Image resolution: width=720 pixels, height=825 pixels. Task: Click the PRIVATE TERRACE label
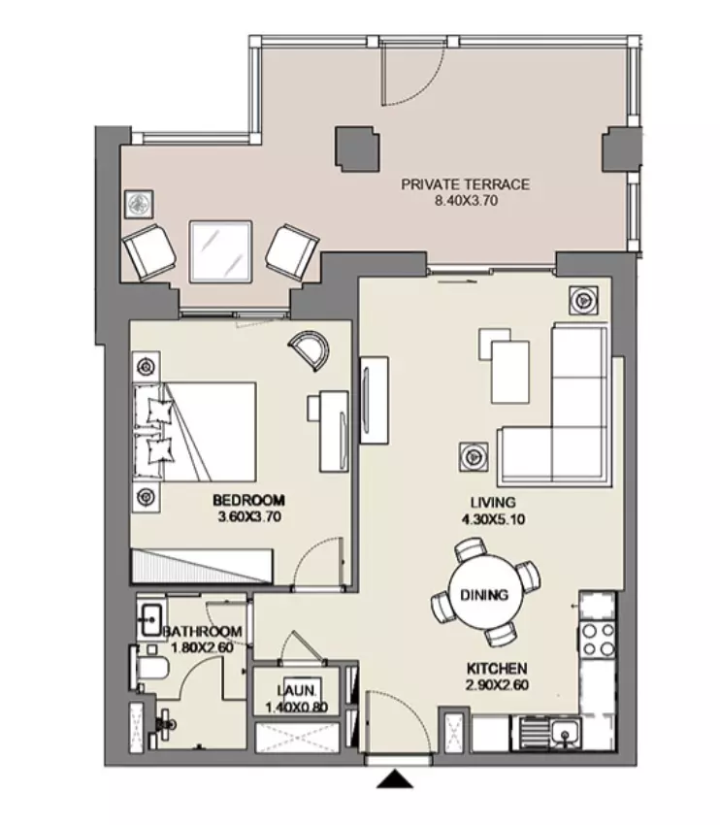pos(465,184)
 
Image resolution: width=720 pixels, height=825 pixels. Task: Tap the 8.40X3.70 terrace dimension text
pos(466,201)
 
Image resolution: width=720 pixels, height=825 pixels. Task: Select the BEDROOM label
pos(248,500)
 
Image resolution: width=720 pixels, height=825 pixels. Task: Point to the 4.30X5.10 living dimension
pos(493,520)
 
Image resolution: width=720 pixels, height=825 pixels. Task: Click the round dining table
pos(485,594)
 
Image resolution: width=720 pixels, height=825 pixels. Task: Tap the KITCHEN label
pos(497,669)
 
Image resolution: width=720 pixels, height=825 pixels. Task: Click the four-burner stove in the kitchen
pos(598,640)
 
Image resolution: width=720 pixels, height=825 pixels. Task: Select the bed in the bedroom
pos(195,432)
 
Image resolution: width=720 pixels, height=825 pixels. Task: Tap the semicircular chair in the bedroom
pos(311,349)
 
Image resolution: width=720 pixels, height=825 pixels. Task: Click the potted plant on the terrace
pos(140,204)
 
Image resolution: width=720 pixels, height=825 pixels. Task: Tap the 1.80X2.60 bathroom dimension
pos(202,647)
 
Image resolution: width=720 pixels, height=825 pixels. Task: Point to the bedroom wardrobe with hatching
pos(202,566)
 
